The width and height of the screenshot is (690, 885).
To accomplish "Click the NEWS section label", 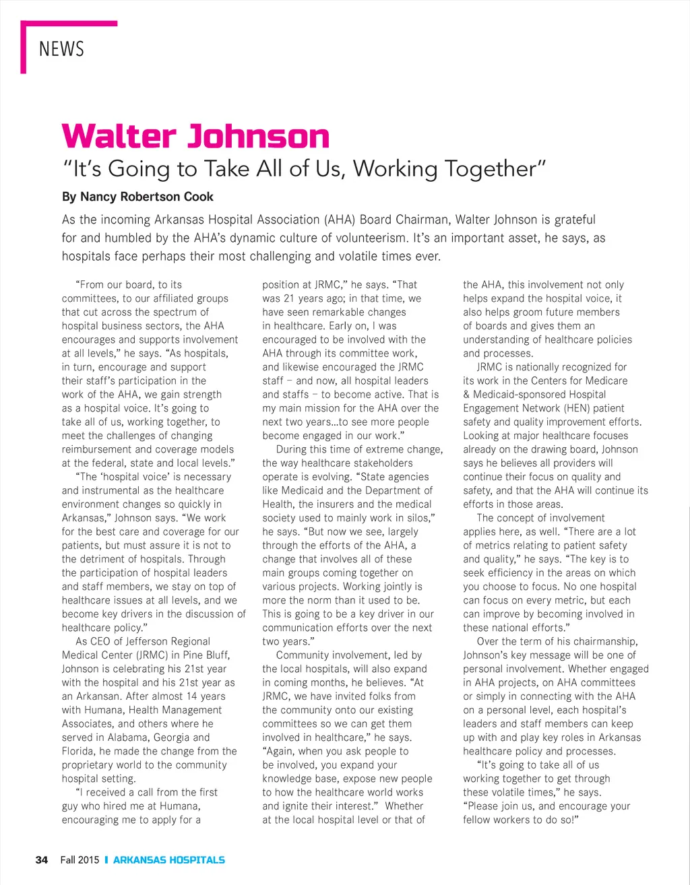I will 61,49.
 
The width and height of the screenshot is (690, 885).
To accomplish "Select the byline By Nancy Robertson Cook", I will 137,197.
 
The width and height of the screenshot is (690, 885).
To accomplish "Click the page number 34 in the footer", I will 42,859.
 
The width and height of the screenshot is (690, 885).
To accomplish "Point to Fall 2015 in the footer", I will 80,859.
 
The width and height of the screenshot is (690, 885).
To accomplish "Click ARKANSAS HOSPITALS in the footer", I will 168,859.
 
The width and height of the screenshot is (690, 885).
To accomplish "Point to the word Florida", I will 80,751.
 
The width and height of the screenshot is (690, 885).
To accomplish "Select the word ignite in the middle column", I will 297,806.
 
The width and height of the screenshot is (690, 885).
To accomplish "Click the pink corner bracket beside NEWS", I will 24,47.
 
